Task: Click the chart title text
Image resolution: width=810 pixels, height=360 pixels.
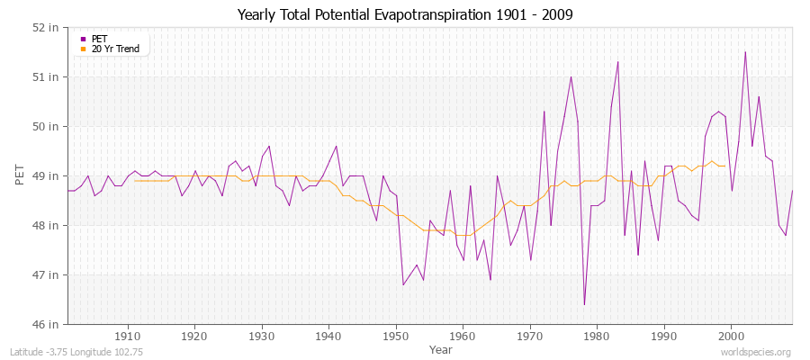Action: (x=404, y=14)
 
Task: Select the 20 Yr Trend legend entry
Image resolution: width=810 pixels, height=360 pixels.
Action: (x=114, y=49)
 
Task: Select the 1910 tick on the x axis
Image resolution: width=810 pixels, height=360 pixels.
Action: (x=127, y=336)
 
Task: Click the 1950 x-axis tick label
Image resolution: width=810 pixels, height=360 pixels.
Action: (x=395, y=336)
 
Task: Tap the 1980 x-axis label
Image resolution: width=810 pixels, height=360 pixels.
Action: (x=597, y=336)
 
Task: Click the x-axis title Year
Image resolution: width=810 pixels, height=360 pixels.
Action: (x=441, y=349)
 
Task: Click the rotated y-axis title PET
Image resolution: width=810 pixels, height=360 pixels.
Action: (x=20, y=175)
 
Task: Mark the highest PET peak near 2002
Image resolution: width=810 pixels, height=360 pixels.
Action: (x=745, y=52)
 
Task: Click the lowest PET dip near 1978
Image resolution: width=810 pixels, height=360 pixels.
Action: (x=584, y=304)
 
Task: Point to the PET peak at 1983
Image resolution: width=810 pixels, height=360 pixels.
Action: (x=617, y=62)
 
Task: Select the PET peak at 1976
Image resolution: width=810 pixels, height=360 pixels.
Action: (x=571, y=76)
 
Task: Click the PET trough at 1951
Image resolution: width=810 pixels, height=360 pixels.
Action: (x=403, y=284)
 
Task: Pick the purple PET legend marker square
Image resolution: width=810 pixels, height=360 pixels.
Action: (x=83, y=39)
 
